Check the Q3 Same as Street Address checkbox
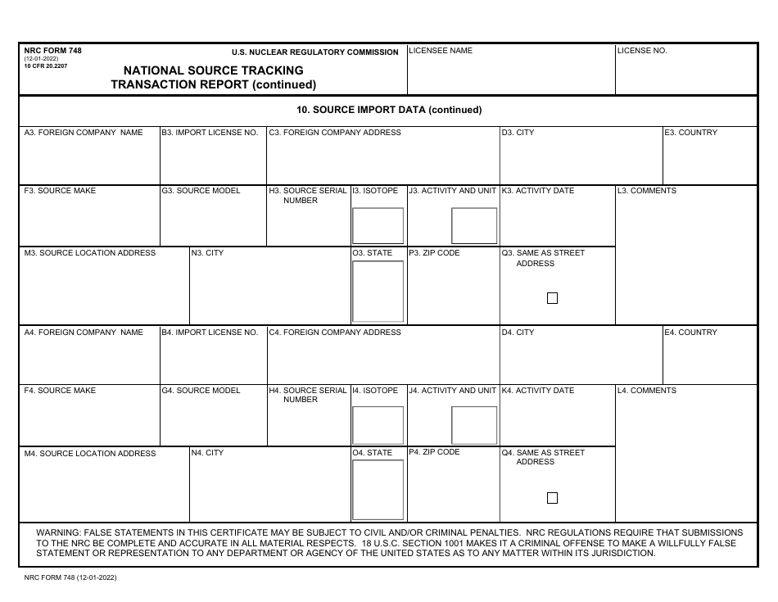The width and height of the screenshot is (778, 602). click(552, 298)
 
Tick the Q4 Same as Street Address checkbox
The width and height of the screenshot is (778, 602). click(552, 498)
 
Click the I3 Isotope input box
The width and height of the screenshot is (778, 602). click(378, 225)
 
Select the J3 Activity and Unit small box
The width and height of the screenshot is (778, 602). click(474, 225)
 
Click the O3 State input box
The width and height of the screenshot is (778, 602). click(378, 291)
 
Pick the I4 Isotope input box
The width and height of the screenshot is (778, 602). click(378, 425)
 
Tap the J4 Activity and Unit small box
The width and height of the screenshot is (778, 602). click(474, 425)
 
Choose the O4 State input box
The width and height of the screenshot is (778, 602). click(378, 490)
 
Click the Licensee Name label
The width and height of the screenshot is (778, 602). click(441, 51)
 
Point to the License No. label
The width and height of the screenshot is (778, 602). click(642, 51)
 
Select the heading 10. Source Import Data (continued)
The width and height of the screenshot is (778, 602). click(389, 110)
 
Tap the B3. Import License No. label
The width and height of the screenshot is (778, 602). click(210, 133)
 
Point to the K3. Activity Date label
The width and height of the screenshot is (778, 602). click(538, 191)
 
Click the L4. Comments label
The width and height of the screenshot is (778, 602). click(647, 391)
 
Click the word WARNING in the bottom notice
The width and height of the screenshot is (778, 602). click(59, 532)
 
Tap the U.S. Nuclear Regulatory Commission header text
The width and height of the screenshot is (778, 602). click(314, 52)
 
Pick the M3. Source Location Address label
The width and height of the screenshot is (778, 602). click(90, 253)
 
